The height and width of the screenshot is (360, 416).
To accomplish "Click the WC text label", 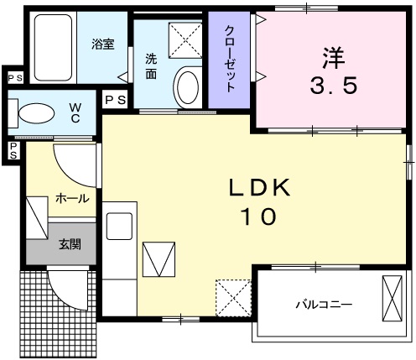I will point(74,112).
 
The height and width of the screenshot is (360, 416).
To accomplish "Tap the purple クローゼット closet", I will point(230,60).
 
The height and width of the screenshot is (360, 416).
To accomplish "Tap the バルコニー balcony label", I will point(322,304).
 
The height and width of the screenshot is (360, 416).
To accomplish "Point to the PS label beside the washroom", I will point(116,100).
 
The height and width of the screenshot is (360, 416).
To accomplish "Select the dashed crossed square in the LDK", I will point(233,296).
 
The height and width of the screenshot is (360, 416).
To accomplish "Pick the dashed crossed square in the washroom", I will point(185,39).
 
